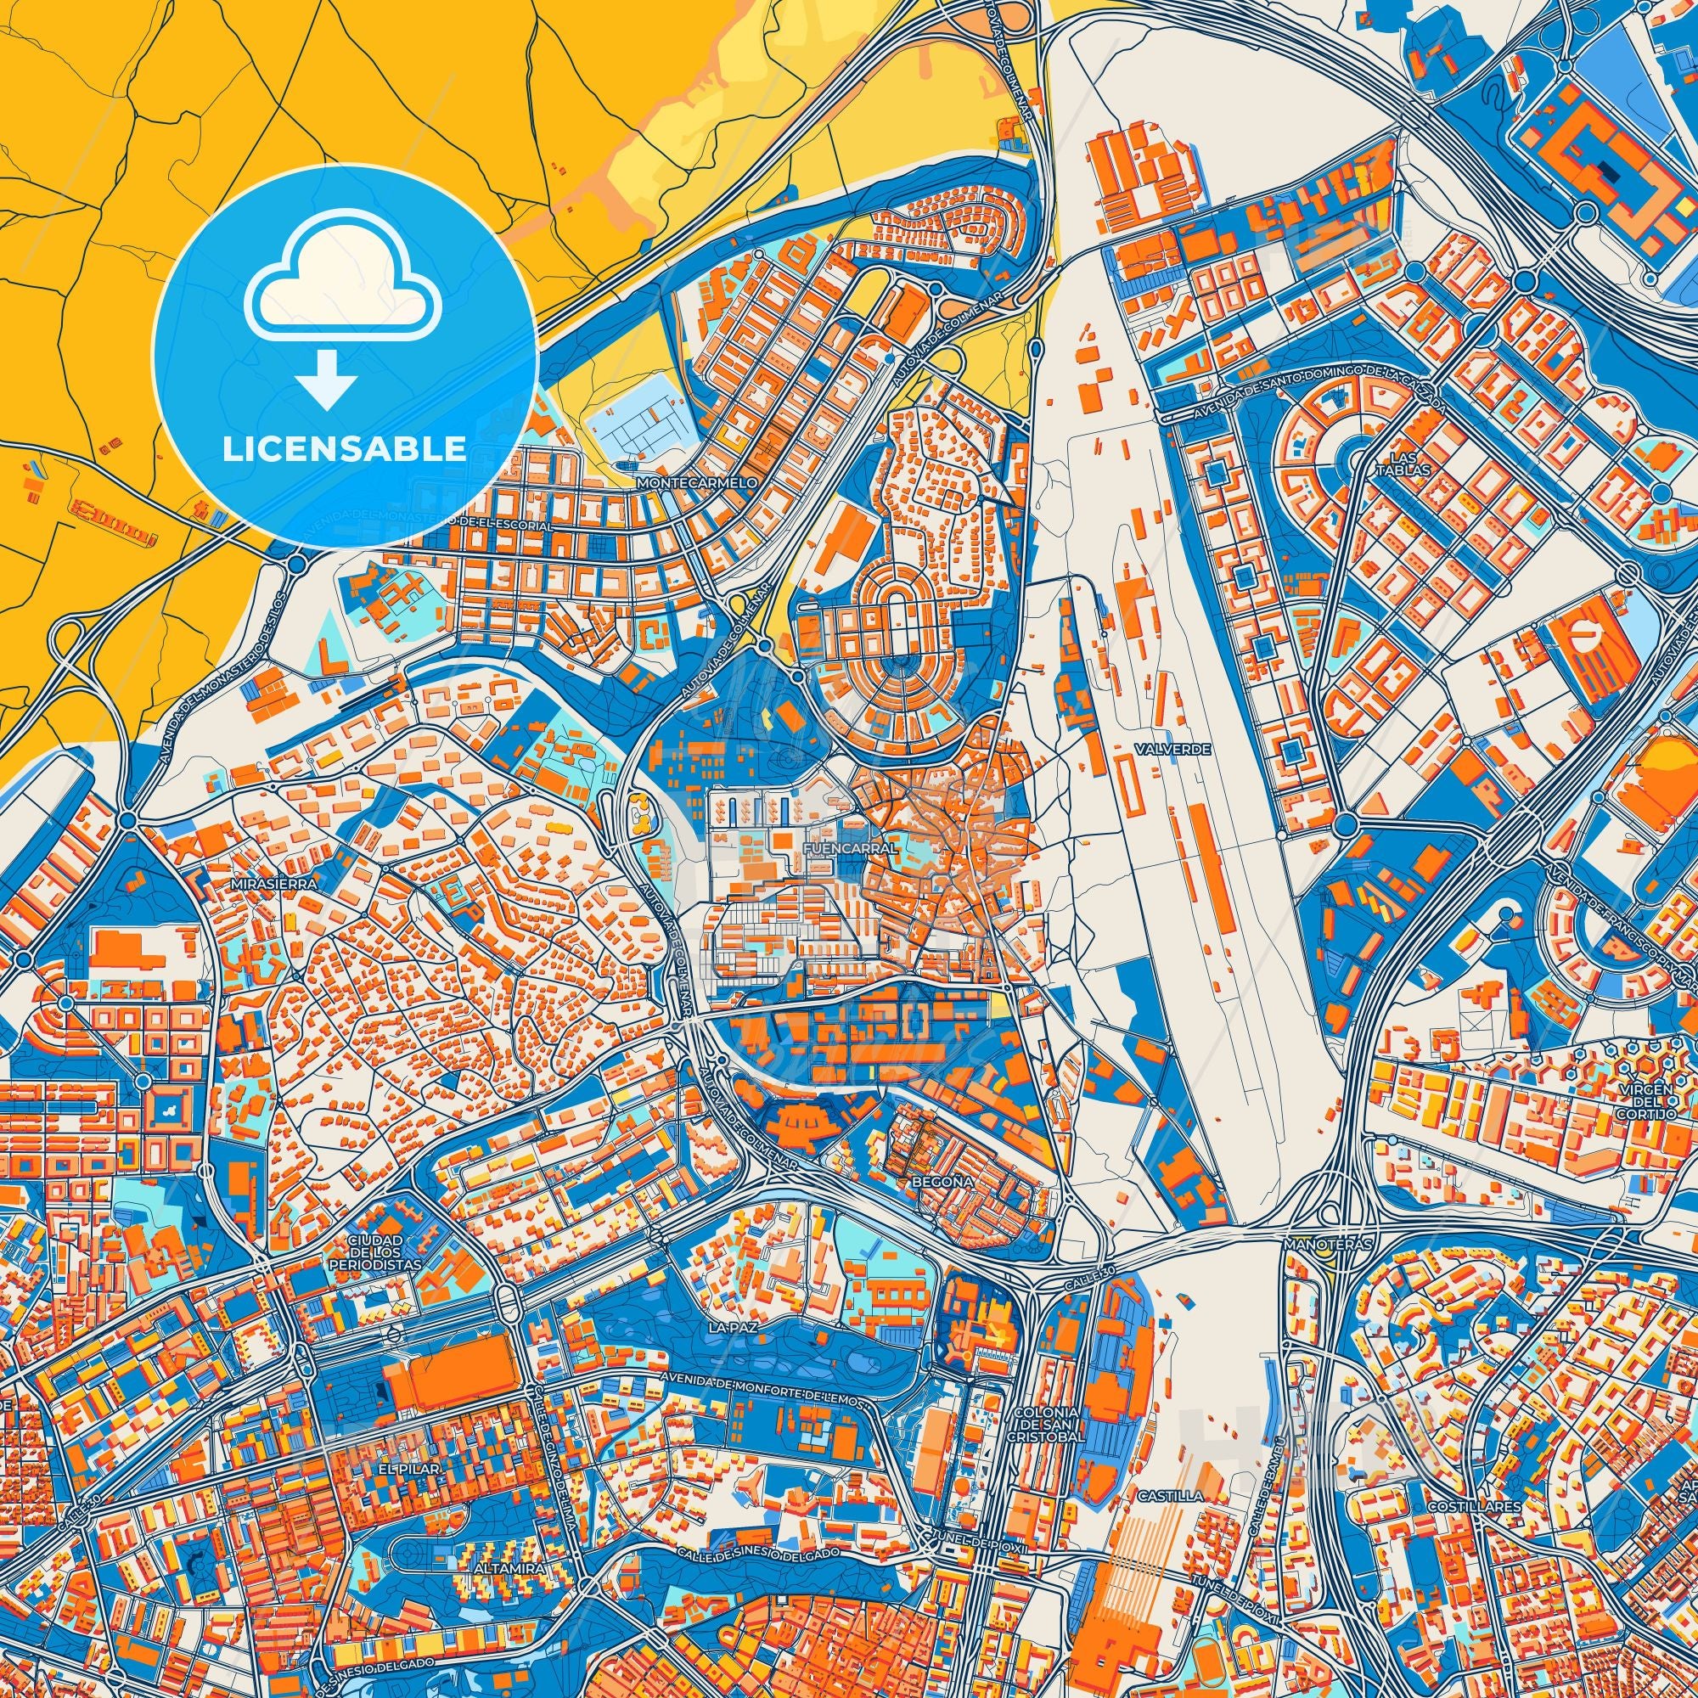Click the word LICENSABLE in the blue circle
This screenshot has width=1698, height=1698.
[x=345, y=449]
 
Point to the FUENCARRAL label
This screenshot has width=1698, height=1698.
[x=848, y=848]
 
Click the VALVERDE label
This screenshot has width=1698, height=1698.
[x=1160, y=749]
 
